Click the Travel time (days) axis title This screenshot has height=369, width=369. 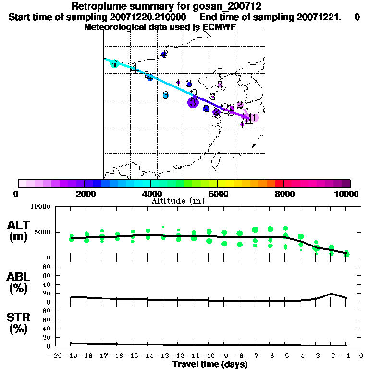click(210, 364)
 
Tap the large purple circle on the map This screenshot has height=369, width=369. click(193, 102)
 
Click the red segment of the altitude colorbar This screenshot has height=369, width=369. click(279, 184)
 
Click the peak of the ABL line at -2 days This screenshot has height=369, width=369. click(331, 293)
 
